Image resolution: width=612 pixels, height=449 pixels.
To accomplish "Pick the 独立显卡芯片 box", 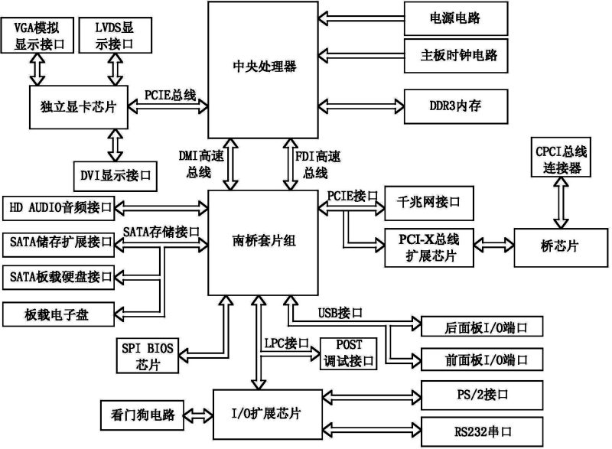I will coord(73,108).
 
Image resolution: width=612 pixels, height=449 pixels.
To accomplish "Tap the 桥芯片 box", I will coord(562,246).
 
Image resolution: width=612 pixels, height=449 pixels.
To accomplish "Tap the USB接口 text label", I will coord(339,312).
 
